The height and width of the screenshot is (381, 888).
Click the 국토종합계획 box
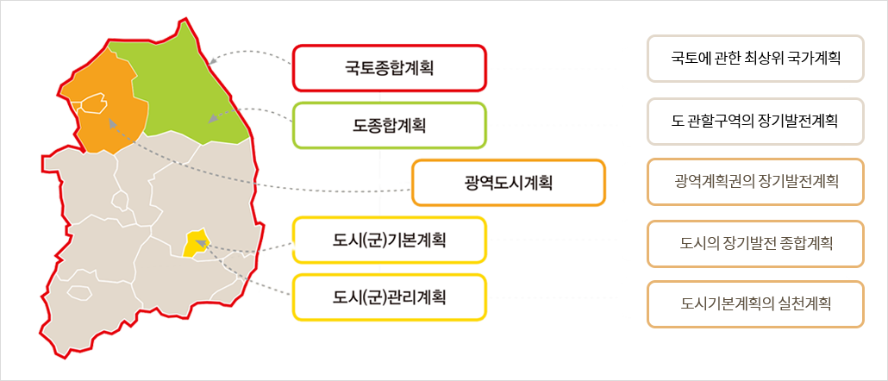tap(389, 67)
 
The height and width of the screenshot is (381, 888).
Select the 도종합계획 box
tap(389, 125)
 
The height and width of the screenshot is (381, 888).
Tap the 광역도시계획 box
tap(508, 182)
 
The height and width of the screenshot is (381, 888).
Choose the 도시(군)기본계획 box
tap(389, 240)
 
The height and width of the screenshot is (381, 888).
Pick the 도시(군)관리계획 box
tap(389, 297)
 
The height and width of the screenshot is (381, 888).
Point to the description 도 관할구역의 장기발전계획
tap(755, 121)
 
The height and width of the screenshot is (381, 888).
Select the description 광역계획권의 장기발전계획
tap(755, 182)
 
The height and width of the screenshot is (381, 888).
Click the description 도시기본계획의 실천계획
tap(755, 304)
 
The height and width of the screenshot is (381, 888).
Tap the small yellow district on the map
tap(197, 243)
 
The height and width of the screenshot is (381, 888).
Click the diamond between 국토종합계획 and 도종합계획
tap(380, 97)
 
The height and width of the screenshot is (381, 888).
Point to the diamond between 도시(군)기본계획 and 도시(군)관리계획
tap(380, 269)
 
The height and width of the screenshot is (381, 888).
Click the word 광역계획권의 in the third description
tap(712, 182)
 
